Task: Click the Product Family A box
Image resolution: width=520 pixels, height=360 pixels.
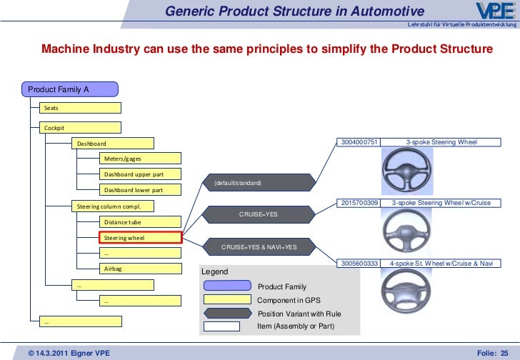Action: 70,90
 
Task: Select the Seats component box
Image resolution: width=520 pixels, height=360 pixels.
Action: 80,108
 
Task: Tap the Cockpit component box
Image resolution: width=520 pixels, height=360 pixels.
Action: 80,128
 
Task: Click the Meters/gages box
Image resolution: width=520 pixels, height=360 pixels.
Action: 140,158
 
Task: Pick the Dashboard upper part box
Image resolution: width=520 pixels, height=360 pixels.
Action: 140,174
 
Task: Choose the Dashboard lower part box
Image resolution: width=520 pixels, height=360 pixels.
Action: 140,190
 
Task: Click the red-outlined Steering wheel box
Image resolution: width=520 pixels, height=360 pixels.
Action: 140,237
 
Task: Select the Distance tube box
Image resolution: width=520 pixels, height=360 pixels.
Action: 140,222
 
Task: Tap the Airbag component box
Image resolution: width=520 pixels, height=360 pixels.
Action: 140,269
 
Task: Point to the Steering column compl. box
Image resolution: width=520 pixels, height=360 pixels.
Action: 113,206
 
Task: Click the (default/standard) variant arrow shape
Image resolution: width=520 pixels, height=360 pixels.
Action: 258,184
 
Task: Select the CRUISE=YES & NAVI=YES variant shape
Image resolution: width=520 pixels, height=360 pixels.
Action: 258,247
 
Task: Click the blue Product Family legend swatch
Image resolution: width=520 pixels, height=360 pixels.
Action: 226,286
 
